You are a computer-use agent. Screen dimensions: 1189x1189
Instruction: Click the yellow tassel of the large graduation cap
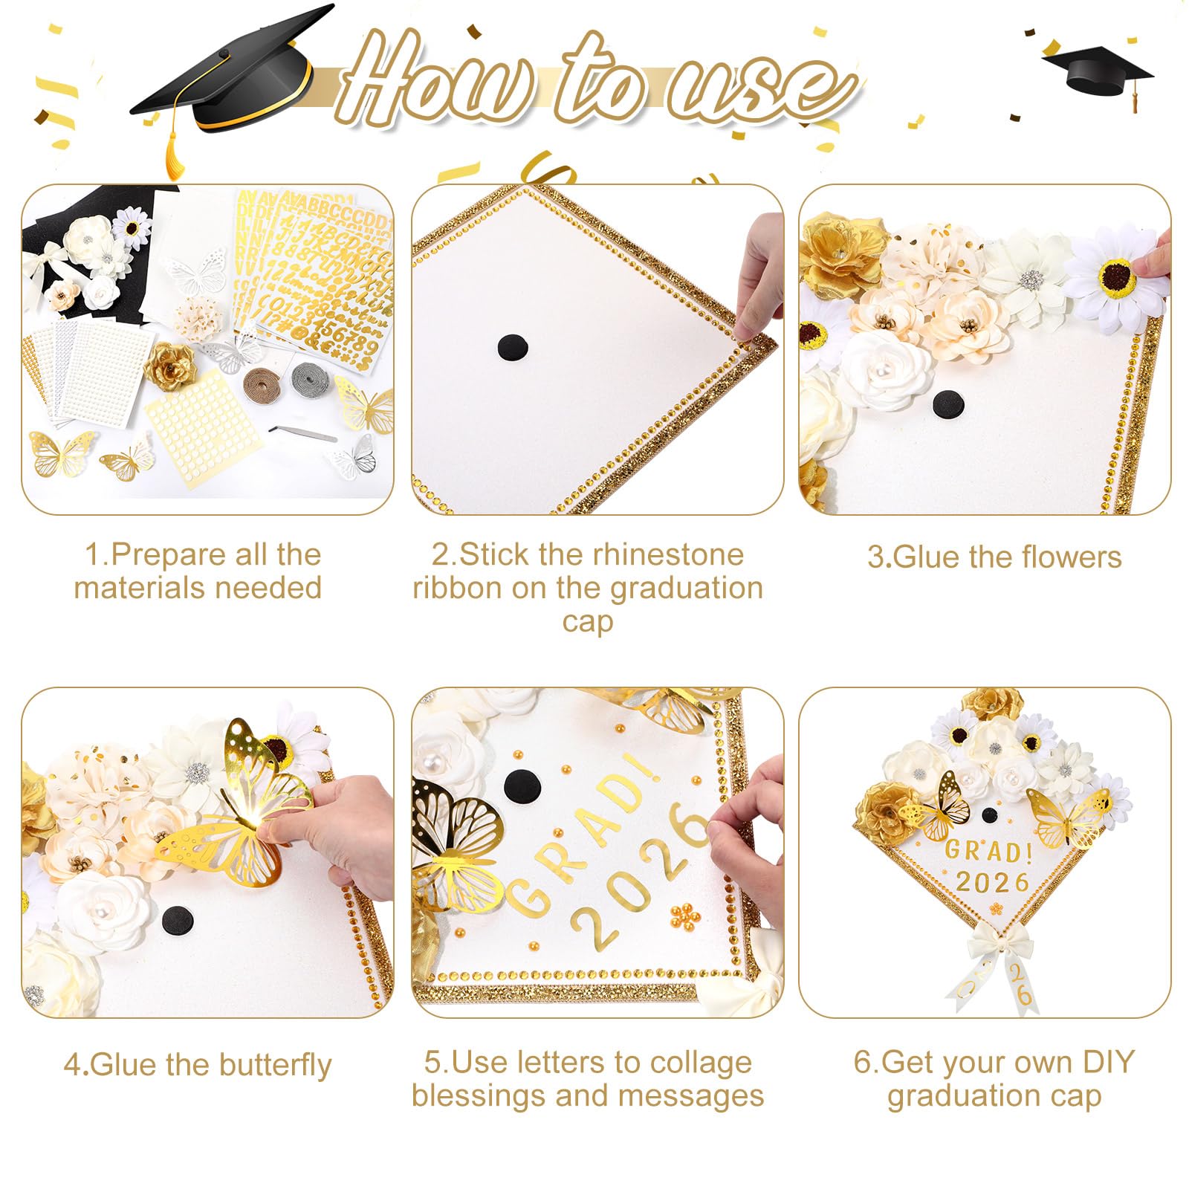point(173,149)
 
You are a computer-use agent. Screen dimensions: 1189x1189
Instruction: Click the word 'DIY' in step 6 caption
point(1108,1062)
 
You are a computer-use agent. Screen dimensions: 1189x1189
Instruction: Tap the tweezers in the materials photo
point(302,434)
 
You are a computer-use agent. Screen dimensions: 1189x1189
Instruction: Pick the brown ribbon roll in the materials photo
point(262,383)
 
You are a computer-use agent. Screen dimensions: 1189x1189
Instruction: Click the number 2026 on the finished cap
point(992,883)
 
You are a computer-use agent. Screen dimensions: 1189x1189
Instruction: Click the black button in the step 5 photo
point(522,783)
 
